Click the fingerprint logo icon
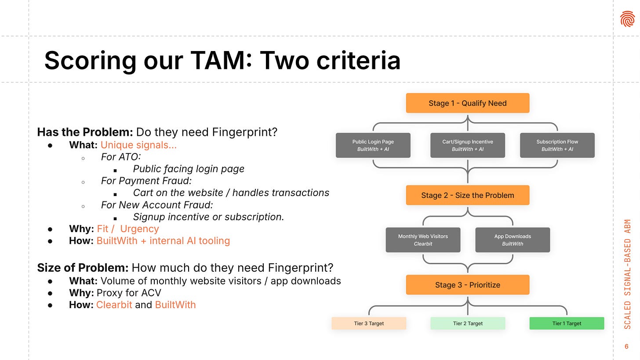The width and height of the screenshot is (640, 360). point(627,19)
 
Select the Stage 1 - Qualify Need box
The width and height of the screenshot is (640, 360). point(467,103)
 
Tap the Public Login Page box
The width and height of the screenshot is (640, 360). point(373,145)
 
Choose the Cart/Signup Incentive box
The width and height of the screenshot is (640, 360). point(467,145)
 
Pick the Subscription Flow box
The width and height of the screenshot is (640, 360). point(557,145)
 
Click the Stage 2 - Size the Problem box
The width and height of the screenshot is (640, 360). point(467,196)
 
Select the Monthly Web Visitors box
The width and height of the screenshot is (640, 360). point(423,240)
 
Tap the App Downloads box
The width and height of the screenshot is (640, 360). point(513,240)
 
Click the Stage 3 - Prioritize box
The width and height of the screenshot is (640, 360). point(467,285)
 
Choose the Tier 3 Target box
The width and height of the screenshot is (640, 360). point(369,324)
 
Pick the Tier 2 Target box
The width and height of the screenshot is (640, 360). point(468,324)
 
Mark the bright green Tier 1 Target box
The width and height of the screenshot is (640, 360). point(567,324)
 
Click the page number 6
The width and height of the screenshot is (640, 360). point(626,346)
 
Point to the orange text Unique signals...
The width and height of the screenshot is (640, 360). point(138,145)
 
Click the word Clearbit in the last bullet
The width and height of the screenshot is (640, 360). point(114,305)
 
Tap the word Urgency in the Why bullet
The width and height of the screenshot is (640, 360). point(139,229)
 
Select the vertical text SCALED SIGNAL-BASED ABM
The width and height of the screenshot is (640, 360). point(627,274)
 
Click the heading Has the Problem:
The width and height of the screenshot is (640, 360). point(85,132)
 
